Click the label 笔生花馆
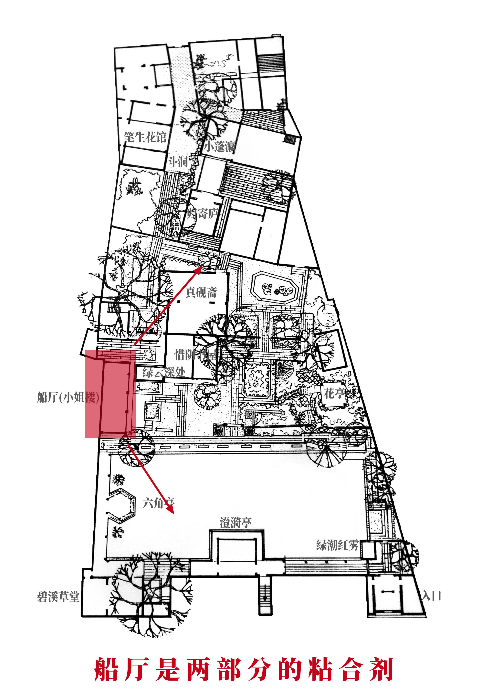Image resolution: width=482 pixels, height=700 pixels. point(145,137)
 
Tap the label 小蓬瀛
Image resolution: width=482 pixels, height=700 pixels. point(220,147)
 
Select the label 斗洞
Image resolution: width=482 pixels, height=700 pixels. point(178,162)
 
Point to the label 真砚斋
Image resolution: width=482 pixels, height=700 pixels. point(201,292)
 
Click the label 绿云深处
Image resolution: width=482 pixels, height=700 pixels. point(164,372)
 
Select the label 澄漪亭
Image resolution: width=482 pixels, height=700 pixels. point(236,522)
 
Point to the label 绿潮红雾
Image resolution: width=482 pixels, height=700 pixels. point(337,545)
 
